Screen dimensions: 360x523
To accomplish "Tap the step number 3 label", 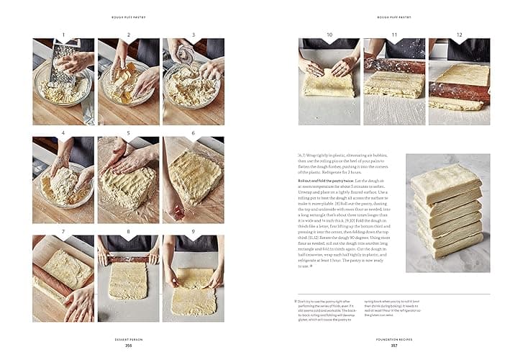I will tap(194, 35).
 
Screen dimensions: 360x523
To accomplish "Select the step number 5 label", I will tap(128, 133).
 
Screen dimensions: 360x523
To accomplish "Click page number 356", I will tap(128, 345).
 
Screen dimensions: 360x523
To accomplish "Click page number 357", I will tap(394, 345).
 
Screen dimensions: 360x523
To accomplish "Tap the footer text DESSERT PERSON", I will tap(128, 339).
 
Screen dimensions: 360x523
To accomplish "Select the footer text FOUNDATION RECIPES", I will tap(394, 339).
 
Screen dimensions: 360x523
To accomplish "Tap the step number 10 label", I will tap(329, 35).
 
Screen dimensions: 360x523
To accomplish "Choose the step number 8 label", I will tap(128, 232).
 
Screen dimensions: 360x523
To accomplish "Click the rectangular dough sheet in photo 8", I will tap(128, 281).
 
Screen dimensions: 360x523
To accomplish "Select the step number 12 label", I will tap(459, 35).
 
